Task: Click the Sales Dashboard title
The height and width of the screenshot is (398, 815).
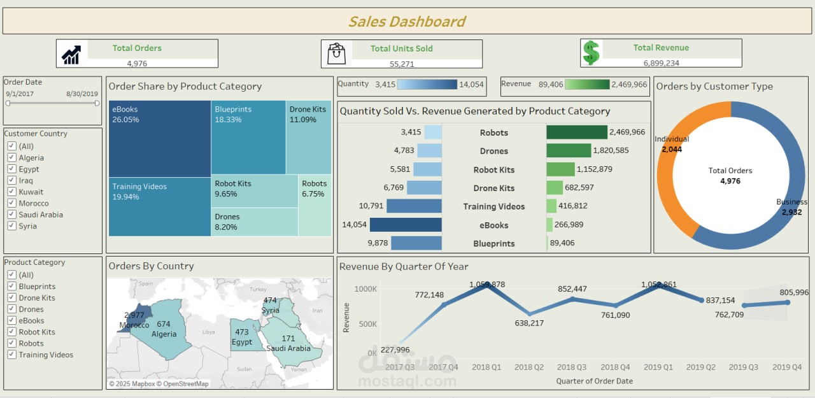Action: (x=407, y=22)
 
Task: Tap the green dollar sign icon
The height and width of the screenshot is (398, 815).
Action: (x=592, y=53)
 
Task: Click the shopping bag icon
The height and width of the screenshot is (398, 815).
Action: (x=336, y=53)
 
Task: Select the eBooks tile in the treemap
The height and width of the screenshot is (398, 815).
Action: (x=159, y=138)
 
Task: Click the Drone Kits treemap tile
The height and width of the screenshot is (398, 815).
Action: (x=308, y=137)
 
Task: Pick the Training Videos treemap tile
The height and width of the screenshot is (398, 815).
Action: (x=159, y=207)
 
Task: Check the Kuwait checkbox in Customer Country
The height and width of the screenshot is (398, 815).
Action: (x=11, y=192)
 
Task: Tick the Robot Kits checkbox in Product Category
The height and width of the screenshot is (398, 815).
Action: (x=11, y=332)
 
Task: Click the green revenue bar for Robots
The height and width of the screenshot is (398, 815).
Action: (x=576, y=132)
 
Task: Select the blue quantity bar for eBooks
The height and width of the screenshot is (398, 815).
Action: (x=406, y=225)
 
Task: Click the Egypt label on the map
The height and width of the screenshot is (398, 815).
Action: (x=242, y=342)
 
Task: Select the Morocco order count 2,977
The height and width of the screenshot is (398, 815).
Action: (x=134, y=315)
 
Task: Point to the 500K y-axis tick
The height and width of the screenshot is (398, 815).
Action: (x=365, y=324)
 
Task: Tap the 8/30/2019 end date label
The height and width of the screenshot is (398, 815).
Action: (x=82, y=94)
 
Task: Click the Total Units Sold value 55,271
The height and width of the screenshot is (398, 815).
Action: (x=401, y=64)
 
